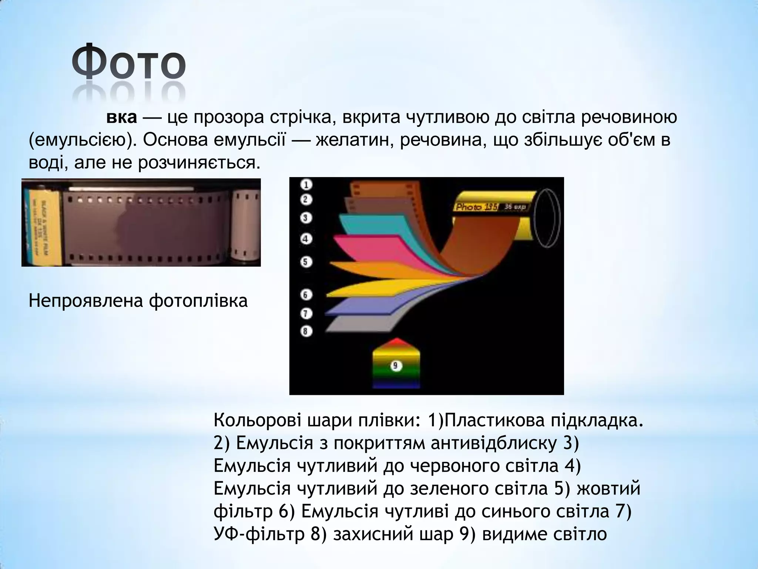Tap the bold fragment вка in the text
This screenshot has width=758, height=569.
click(x=122, y=117)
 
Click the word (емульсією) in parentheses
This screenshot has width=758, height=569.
click(x=82, y=140)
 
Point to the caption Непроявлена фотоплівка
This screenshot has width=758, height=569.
click(x=138, y=300)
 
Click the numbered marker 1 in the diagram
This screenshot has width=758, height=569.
click(x=306, y=184)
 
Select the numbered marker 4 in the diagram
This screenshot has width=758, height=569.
click(x=306, y=239)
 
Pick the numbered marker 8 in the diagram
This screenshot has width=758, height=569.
click(x=306, y=331)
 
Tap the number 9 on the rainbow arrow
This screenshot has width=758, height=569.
click(x=396, y=366)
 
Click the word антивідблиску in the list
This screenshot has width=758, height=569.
click(x=492, y=443)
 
